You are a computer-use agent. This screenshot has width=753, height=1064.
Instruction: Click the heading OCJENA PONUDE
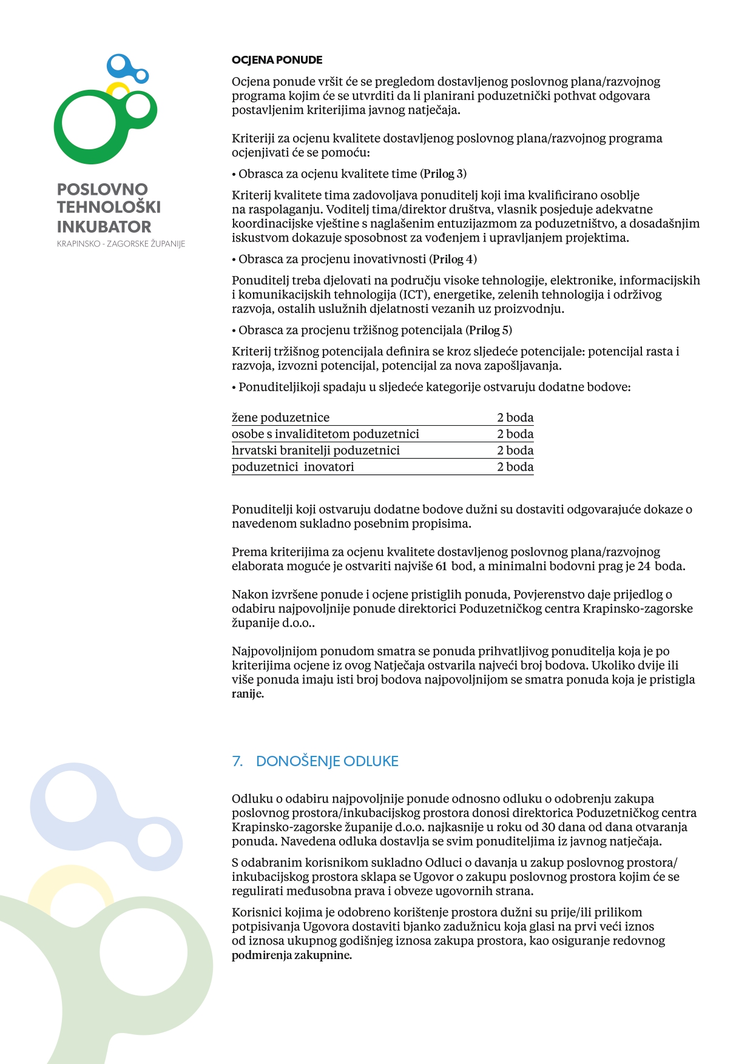tap(277, 60)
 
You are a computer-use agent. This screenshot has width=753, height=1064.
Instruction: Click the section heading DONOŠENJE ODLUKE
tap(327, 761)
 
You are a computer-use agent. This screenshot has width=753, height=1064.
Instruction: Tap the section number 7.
tap(237, 761)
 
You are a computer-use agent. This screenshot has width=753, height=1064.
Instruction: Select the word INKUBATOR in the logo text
tap(104, 227)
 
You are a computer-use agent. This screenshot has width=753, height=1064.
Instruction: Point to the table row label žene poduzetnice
tap(280, 417)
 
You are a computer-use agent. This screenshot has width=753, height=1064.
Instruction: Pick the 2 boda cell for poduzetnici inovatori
tap(515, 466)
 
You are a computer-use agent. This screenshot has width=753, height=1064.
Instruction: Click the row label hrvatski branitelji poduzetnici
tap(316, 450)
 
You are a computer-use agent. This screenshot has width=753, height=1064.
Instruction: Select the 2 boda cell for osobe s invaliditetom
tap(515, 434)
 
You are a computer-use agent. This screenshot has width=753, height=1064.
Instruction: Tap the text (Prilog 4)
tap(453, 259)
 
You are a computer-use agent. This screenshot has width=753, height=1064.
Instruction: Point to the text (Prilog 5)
tap(488, 330)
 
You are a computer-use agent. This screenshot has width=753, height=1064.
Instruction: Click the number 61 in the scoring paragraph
tap(441, 567)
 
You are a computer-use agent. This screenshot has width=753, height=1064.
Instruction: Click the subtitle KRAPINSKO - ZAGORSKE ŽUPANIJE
tap(121, 244)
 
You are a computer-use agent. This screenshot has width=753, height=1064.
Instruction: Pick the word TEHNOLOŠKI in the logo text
tap(109, 207)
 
